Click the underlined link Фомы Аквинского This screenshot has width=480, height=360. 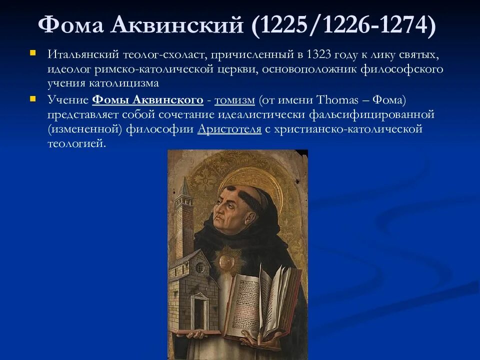147,100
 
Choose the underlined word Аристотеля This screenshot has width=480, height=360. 229,129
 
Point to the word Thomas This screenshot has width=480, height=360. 334,100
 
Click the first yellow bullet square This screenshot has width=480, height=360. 33,52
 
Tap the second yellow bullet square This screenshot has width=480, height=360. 33,98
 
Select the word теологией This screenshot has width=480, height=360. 77,143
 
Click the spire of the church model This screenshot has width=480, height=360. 185,187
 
